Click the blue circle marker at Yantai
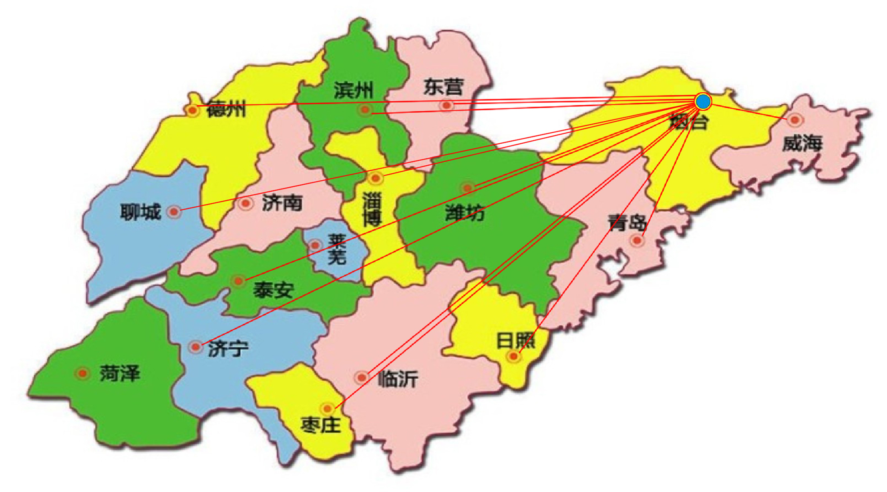703,101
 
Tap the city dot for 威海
795,120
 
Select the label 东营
443,87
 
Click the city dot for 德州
193,110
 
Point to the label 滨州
353,90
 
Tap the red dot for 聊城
174,211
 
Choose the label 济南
282,203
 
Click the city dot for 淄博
375,178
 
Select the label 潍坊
465,213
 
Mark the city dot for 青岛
637,241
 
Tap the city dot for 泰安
238,281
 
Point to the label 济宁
228,349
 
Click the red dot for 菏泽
82,373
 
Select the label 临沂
397,379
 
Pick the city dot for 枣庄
327,408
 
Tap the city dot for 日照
513,356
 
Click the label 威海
802,143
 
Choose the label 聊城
140,212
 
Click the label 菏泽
119,374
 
